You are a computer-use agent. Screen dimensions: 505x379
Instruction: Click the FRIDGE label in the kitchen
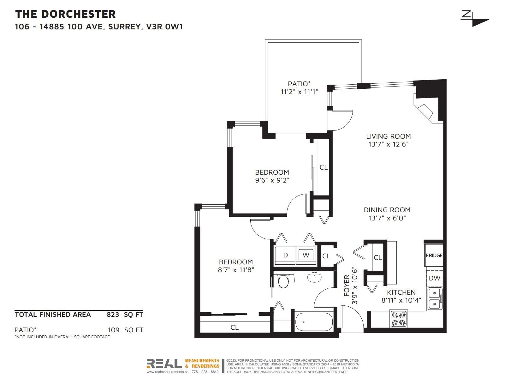[434, 256]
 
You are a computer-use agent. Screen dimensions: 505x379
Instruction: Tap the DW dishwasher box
[435, 278]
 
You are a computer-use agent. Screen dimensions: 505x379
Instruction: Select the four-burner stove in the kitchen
[399, 319]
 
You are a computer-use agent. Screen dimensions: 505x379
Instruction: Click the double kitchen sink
[435, 298]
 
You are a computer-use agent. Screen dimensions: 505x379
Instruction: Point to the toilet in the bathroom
[283, 281]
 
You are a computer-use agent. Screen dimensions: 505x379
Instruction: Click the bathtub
[314, 322]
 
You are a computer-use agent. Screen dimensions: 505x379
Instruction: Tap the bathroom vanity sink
[314, 277]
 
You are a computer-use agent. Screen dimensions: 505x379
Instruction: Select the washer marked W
[306, 256]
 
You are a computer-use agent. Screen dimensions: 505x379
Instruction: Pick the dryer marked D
[285, 256]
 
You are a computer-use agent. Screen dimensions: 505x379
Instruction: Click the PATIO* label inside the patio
[299, 84]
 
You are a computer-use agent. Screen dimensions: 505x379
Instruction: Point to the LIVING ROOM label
[388, 136]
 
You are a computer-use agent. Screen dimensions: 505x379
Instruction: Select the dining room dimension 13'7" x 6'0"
[387, 218]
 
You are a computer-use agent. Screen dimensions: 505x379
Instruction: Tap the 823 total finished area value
[113, 315]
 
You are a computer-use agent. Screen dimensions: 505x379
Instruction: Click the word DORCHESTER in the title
[79, 14]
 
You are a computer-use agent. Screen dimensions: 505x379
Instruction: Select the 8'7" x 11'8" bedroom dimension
[236, 270]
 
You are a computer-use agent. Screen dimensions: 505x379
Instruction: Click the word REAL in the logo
[164, 364]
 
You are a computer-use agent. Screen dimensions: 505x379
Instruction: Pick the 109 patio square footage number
[114, 330]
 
